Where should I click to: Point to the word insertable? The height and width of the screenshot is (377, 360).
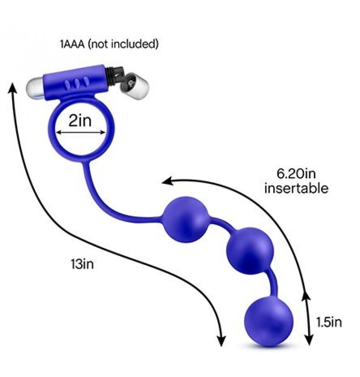point(296,188)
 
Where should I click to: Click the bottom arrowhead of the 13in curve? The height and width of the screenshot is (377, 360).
point(221,341)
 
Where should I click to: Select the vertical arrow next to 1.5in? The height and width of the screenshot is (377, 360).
point(309,317)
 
